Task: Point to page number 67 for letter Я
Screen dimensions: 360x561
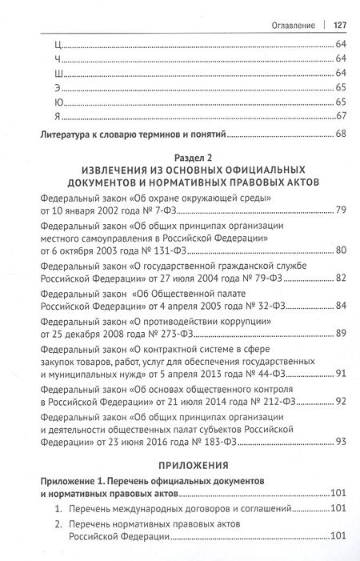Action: click(x=340, y=117)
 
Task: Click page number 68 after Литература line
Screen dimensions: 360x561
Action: click(x=340, y=133)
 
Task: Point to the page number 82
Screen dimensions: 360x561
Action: click(x=340, y=278)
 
